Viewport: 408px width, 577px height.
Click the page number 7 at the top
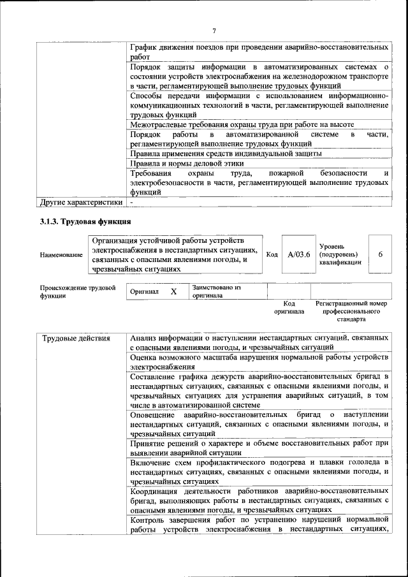[x=214, y=31]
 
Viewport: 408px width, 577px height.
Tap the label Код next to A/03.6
[x=272, y=254]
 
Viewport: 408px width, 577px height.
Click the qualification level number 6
[x=380, y=254]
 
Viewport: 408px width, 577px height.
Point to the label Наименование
[x=61, y=255]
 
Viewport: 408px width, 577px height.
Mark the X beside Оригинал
[x=173, y=291]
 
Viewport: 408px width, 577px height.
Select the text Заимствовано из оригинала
[x=216, y=291]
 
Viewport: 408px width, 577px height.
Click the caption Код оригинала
[x=289, y=308]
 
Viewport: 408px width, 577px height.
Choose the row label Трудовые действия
[x=76, y=338]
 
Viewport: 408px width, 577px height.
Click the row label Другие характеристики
[x=80, y=203]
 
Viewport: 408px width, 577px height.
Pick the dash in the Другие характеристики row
[x=131, y=203]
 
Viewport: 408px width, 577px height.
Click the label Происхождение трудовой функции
[x=77, y=291]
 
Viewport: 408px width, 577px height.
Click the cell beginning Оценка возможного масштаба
[x=258, y=362]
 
